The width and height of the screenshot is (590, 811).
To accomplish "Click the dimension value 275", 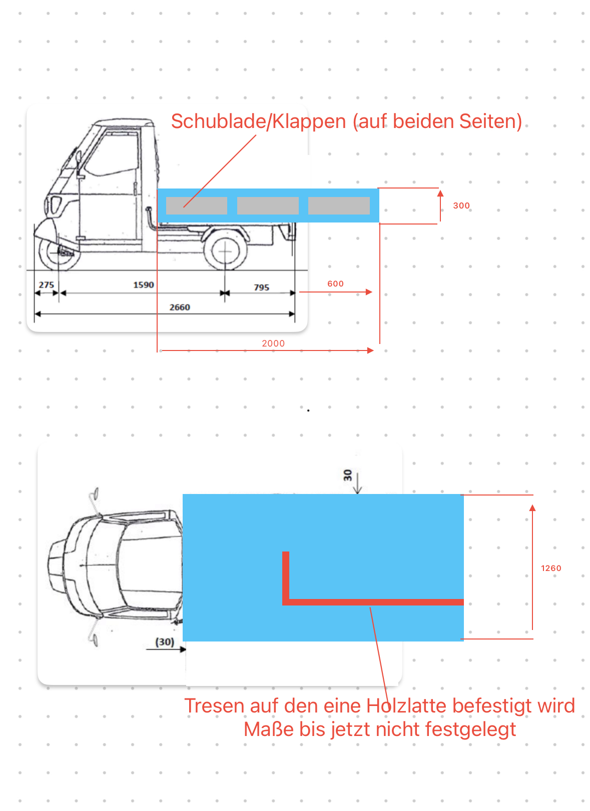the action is [x=46, y=284].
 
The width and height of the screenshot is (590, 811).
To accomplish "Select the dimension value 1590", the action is [x=144, y=284].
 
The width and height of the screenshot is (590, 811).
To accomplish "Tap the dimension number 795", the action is [x=261, y=287].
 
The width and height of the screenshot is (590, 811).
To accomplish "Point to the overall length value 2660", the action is [x=180, y=307].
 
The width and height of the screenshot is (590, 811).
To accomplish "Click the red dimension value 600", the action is [x=335, y=283].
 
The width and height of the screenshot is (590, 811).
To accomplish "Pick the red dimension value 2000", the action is [x=273, y=343].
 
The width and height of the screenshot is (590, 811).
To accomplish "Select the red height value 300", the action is [x=461, y=205].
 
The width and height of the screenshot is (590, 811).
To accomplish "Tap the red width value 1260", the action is [x=551, y=568].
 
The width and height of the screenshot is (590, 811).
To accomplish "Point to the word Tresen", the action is [x=214, y=705].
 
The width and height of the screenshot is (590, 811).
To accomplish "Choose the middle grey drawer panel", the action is [x=268, y=205].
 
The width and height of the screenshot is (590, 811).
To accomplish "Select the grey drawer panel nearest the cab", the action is [x=197, y=205].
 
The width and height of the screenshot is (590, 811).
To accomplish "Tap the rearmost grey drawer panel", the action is [x=339, y=205].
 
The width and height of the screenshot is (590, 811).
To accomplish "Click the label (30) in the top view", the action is [x=165, y=642].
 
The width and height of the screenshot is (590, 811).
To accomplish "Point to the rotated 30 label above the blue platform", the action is [x=347, y=475].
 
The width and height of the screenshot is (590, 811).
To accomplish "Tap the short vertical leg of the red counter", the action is [x=286, y=578].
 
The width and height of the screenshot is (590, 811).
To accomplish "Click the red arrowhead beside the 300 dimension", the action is [x=440, y=193].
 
